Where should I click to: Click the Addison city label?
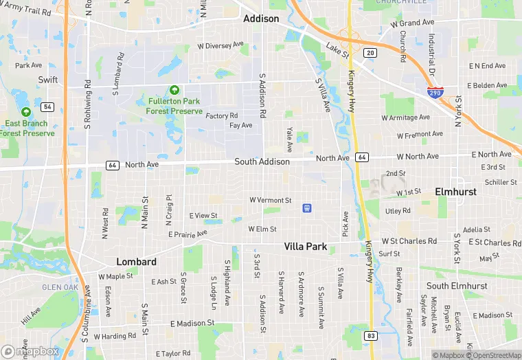[261, 19]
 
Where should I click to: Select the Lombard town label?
[136, 262]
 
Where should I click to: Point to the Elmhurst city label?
[455, 192]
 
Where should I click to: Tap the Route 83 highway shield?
[371, 335]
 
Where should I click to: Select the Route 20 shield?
[371, 53]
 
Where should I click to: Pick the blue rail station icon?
[307, 207]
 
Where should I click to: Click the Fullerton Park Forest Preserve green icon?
[174, 90]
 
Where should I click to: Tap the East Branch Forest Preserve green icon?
[26, 112]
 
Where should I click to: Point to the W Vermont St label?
[270, 200]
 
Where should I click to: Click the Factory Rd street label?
[222, 115]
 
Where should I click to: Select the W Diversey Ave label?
[220, 45]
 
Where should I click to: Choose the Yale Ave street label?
[289, 139]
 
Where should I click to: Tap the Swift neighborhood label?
[48, 80]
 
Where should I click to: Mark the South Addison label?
[262, 161]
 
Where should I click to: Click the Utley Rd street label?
[398, 211]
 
